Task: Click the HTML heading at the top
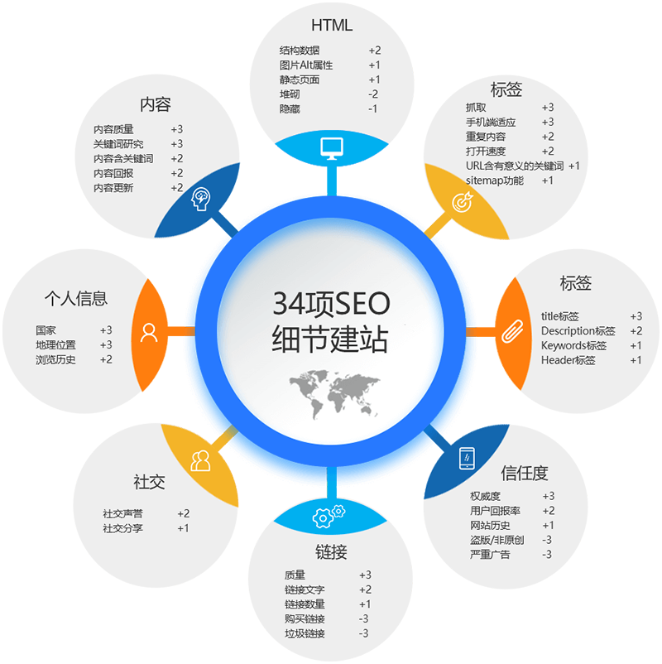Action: point(331,25)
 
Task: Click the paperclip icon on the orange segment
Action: point(509,331)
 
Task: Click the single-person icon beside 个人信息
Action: point(149,332)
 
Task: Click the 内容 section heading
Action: point(155,104)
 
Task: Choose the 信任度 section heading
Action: point(524,473)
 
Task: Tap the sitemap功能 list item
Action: point(495,180)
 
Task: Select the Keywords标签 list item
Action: point(573,345)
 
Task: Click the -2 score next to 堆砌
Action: point(373,94)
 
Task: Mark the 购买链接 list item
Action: point(305,619)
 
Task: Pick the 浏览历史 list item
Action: point(55,359)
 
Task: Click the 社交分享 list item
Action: point(122,528)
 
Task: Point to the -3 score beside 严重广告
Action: point(547,555)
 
